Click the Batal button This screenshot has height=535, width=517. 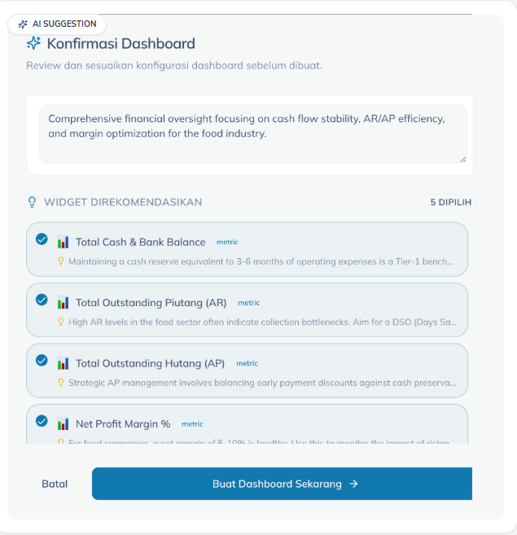(55, 484)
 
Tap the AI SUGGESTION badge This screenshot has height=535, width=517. (57, 24)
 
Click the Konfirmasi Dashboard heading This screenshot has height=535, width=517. (120, 44)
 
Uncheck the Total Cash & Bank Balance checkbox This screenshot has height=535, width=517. (42, 239)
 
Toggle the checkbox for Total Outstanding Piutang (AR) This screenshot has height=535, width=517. (42, 300)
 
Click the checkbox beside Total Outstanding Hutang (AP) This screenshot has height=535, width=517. (42, 360)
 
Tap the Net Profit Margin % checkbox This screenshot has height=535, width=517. (42, 421)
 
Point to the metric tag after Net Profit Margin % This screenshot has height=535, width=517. (192, 424)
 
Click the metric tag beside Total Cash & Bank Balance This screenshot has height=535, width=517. (227, 242)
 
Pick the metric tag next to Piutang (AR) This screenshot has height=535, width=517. (248, 303)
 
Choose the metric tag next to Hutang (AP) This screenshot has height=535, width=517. (247, 363)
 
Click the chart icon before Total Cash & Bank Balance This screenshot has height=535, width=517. (63, 242)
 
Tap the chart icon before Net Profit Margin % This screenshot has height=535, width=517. (63, 424)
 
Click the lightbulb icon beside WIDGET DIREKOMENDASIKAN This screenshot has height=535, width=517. (33, 202)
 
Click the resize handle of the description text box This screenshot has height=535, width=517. (462, 159)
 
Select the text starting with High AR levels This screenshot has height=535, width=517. (261, 322)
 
